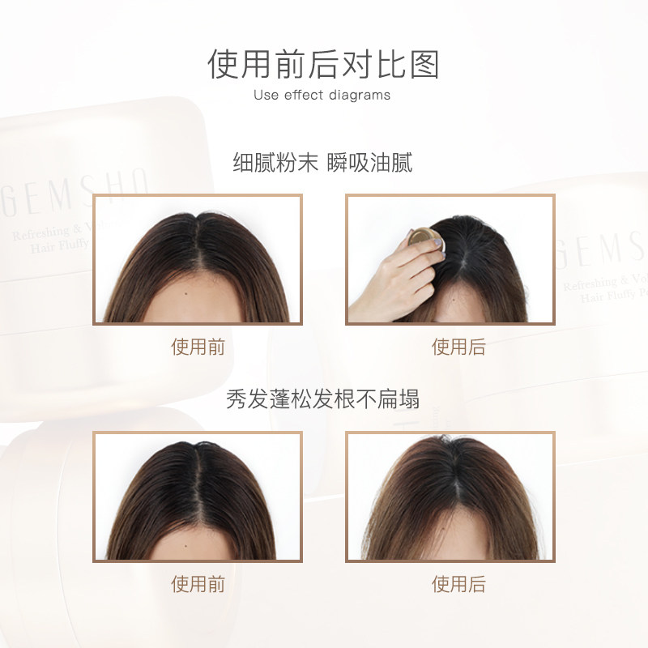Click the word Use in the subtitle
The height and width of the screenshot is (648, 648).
pos(266,95)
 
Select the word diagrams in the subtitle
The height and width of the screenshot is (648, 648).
pos(360,95)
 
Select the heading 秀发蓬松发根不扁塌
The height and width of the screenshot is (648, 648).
pos(323,399)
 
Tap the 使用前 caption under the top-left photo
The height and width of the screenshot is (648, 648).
pos(198,347)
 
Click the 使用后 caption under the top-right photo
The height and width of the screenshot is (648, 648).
pos(458,347)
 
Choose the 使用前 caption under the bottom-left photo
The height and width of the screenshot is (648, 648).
pos(198,584)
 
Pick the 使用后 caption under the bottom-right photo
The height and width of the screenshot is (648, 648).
pos(458,584)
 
